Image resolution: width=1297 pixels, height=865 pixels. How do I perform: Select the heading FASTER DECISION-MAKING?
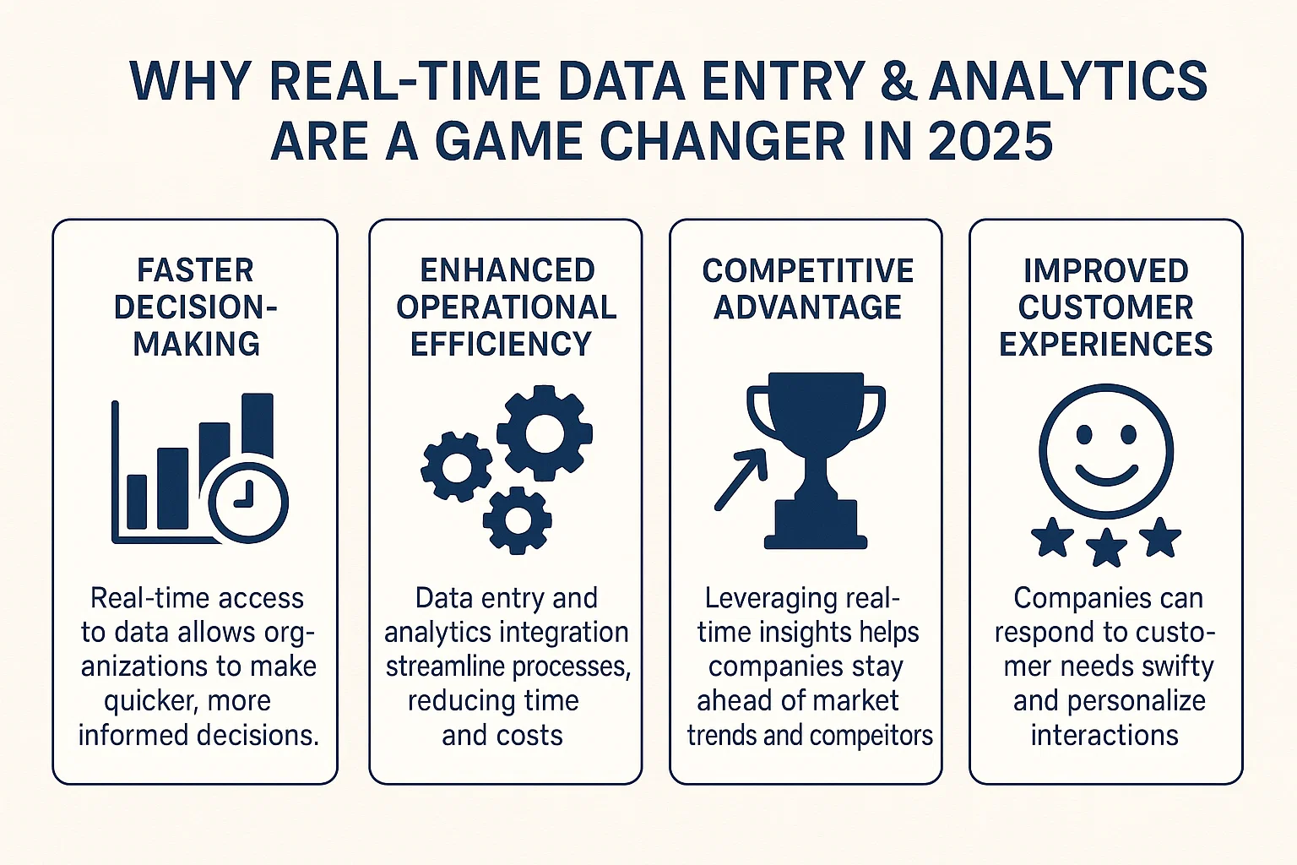coord(196,307)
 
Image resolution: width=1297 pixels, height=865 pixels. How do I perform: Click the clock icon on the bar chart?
coord(248,502)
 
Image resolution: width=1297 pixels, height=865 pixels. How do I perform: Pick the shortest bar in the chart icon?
coord(137,502)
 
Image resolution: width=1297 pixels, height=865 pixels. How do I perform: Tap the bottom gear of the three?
coord(517,520)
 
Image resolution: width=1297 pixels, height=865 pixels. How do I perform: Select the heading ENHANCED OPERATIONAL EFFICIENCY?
coord(507,307)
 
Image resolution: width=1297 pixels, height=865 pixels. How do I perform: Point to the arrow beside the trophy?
coord(740,480)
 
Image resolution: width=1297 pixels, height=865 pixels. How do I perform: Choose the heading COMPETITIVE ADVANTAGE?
coord(807,289)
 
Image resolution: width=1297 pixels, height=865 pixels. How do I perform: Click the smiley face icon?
coord(1105,451)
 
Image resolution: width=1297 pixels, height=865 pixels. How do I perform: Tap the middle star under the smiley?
coord(1106,547)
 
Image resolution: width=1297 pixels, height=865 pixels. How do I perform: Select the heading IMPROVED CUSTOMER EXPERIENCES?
coord(1105,307)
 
